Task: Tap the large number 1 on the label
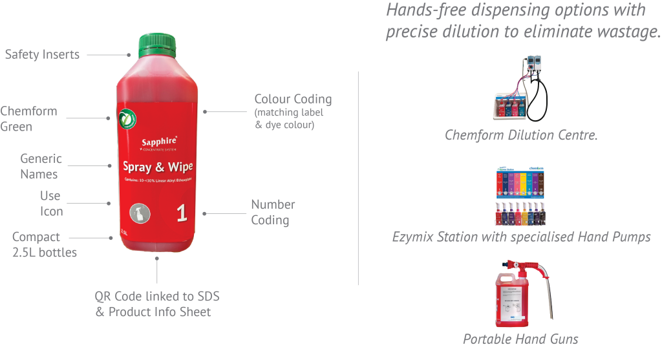tap(182, 213)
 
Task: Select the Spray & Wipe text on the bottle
tap(158, 167)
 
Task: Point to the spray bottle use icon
tap(138, 213)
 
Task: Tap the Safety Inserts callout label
tap(42, 54)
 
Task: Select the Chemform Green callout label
tap(28, 119)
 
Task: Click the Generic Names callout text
tap(40, 166)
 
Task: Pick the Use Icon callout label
tap(50, 204)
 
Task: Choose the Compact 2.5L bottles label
tap(44, 244)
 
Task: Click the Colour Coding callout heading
tap(293, 100)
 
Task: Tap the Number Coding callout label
tap(273, 212)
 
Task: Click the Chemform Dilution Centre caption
tap(521, 136)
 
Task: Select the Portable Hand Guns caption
tap(520, 339)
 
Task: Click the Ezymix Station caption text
tap(521, 237)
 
